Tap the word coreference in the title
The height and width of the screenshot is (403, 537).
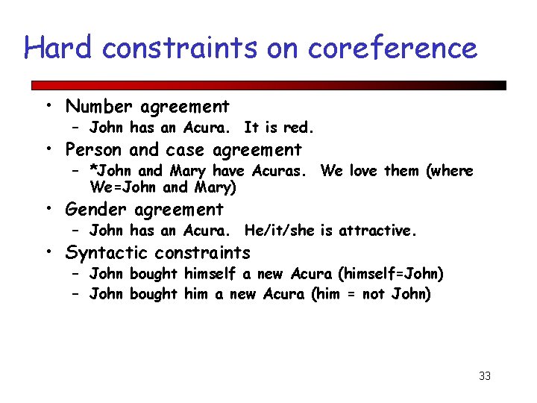[392, 48]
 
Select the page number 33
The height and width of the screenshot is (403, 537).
[485, 376]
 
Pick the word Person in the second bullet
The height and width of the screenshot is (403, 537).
[94, 149]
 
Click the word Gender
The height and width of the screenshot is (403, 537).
[96, 210]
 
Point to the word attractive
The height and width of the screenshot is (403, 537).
[377, 231]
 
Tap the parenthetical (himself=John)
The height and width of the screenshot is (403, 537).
[390, 274]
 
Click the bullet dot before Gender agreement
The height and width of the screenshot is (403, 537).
[47, 210]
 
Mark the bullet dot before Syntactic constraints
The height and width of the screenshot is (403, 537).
[47, 253]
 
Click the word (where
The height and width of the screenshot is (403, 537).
[450, 170]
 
